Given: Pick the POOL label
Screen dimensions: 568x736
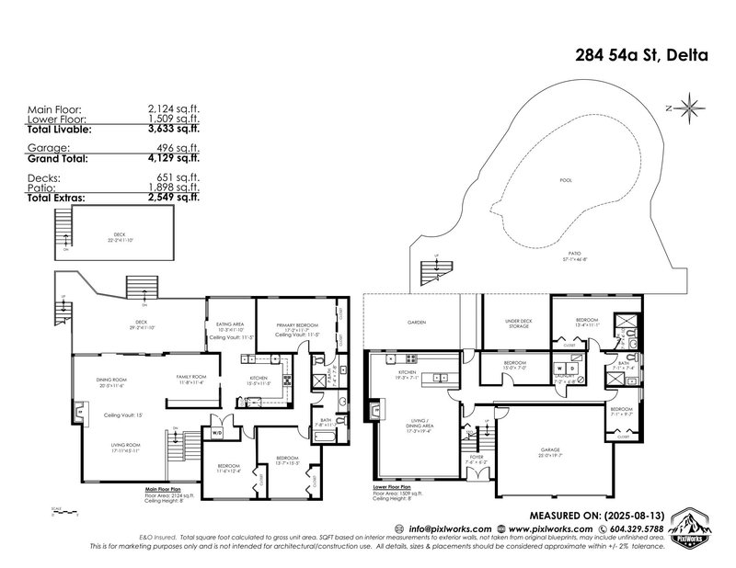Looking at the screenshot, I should coord(566,180).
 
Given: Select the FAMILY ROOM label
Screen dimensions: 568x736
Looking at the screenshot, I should coord(192,378).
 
